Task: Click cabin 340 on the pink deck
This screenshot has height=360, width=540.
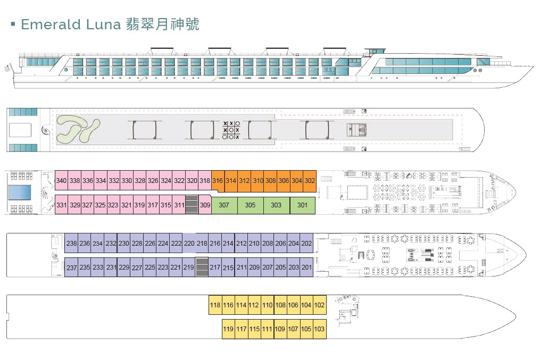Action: (61, 180)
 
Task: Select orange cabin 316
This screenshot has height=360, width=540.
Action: (218, 180)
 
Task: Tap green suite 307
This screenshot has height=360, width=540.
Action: (224, 205)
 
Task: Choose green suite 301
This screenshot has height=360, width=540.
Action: (302, 205)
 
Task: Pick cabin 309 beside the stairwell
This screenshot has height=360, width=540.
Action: (205, 205)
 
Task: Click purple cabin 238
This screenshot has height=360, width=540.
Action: (72, 244)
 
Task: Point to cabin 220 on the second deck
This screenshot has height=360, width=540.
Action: (189, 244)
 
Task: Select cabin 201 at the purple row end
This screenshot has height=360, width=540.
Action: (306, 267)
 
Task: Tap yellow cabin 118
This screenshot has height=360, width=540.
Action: (215, 305)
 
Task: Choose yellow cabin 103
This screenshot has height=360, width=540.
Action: (319, 329)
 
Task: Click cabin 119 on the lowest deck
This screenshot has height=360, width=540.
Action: (228, 329)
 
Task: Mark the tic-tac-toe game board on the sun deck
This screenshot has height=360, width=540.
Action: (231, 130)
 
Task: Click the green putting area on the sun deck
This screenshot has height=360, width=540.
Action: (78, 129)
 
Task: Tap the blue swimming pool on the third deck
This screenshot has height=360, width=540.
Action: (20, 192)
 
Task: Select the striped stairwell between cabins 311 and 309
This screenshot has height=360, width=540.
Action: (192, 204)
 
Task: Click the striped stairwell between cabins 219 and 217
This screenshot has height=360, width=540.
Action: (202, 267)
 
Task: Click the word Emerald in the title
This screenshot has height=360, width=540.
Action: (51, 24)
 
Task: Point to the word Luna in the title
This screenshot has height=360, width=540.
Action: (103, 24)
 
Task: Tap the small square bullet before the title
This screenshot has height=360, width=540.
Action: (13, 24)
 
